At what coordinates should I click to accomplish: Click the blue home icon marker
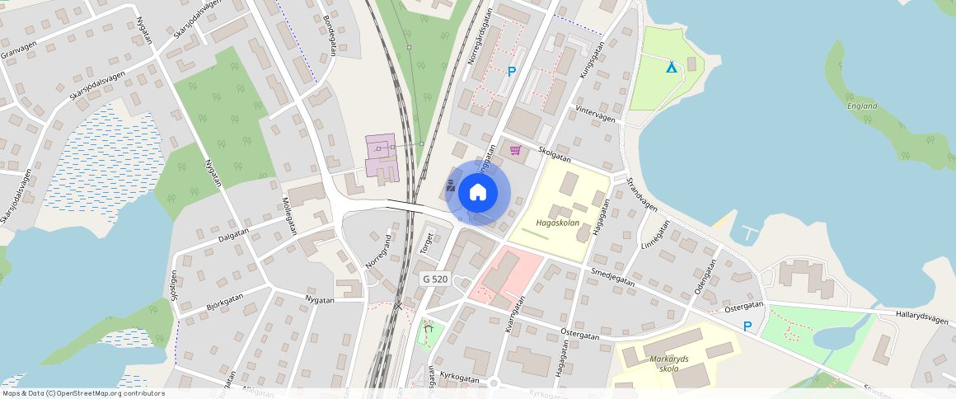tap(478, 193)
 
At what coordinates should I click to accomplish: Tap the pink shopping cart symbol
tap(516, 150)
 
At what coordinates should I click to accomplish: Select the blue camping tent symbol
tap(672, 66)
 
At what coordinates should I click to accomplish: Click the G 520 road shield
tap(434, 279)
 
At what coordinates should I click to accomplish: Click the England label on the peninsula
tap(862, 106)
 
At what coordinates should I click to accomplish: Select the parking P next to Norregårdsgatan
tap(512, 72)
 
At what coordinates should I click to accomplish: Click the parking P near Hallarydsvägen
tap(747, 326)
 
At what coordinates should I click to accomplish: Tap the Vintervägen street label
tap(595, 114)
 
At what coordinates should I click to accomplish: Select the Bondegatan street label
tap(330, 35)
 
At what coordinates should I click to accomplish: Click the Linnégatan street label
tap(655, 235)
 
